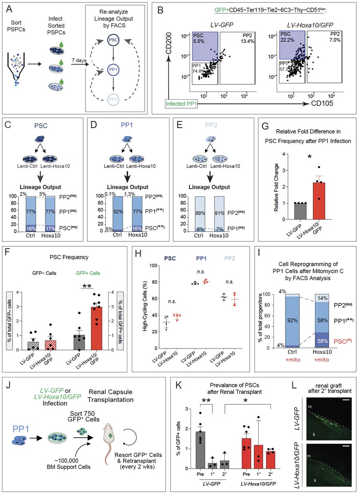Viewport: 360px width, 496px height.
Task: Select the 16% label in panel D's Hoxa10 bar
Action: (140, 227)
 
